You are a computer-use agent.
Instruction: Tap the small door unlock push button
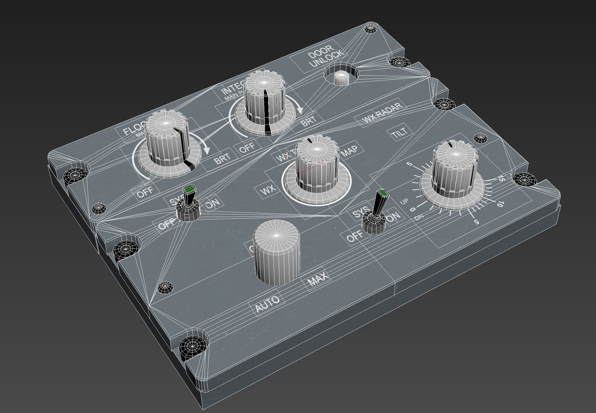coord(341,78)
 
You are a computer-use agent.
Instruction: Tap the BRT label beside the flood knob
coord(222,159)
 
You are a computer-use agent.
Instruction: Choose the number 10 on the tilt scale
coord(499,205)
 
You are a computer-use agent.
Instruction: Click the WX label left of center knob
coord(268,190)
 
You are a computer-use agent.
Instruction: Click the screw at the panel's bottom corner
coord(195,347)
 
